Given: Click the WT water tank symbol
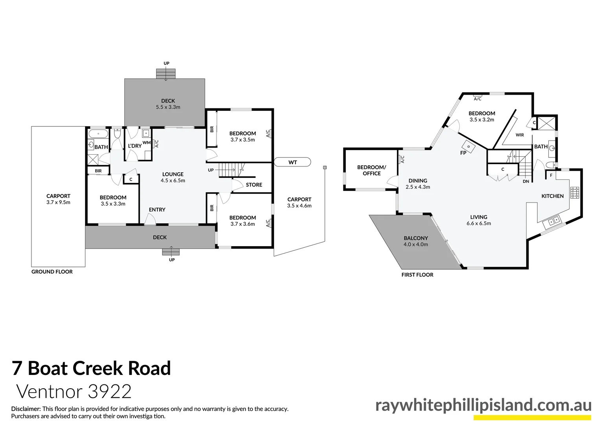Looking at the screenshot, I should (292, 162).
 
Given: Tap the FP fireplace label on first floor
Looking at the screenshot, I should (463, 153).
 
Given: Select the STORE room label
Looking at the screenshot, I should (254, 185).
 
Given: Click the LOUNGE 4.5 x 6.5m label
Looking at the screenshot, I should (173, 177).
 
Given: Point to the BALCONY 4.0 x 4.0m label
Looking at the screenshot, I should (416, 241).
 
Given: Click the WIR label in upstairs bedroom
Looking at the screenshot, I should (520, 135).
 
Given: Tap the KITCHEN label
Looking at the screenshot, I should (552, 196).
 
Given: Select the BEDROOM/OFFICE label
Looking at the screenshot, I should (371, 170).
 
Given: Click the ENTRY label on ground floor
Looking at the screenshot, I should (157, 210).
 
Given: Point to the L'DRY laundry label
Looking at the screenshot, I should (135, 146).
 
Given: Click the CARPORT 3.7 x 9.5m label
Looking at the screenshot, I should (58, 199).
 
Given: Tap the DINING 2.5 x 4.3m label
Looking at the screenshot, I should (418, 184).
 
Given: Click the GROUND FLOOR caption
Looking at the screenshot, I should (52, 272).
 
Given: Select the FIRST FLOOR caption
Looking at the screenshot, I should (417, 275).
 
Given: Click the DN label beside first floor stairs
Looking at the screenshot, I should (526, 182).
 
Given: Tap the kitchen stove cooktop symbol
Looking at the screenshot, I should (575, 192).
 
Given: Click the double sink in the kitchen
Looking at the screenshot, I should (555, 222).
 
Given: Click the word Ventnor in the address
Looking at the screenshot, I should (50, 392).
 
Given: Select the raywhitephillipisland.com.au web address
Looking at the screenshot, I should (483, 405).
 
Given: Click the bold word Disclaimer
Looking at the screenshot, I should (26, 409).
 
